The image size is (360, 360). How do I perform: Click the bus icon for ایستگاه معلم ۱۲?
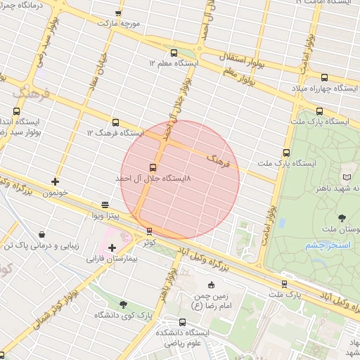pos(174,53)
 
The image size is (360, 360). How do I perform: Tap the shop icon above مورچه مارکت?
pos(117,13)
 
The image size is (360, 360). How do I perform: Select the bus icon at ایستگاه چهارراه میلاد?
pos(323,77)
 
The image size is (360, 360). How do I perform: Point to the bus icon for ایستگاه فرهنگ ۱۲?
pos(116,122)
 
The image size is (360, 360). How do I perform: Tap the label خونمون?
pos(54,192)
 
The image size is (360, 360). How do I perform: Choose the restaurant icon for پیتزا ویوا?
pos(105,205)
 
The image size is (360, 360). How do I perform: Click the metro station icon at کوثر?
pos(148,231)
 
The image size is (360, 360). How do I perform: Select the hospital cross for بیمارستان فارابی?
pos(112,247)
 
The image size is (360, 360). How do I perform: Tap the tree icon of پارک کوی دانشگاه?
pos(124,304)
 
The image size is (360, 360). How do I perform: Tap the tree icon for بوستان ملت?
pos(342,218)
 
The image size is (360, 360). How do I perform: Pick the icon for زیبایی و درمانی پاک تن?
pos(43,235)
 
